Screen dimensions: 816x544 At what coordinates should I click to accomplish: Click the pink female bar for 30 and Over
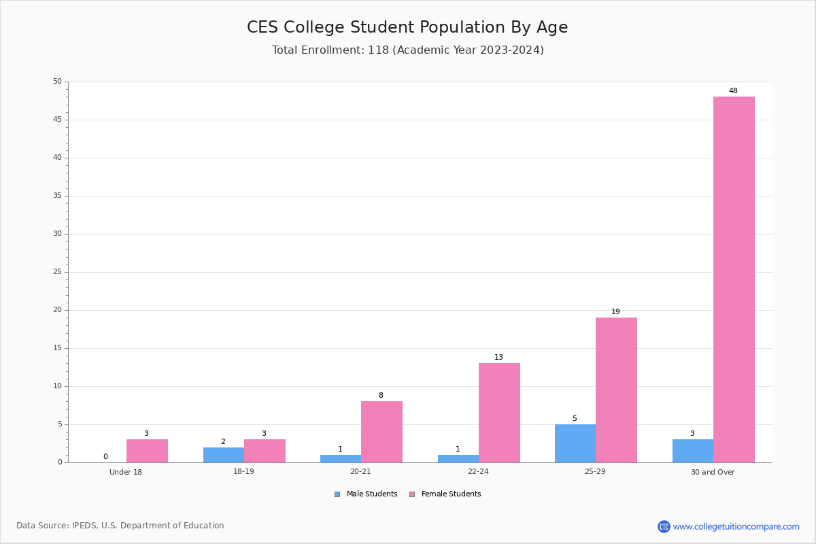coord(734,279)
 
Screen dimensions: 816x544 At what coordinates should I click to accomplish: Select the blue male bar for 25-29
coord(575,443)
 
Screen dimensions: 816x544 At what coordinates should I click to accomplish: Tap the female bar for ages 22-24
coord(499,413)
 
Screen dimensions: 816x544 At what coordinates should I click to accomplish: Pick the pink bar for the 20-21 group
coord(381,432)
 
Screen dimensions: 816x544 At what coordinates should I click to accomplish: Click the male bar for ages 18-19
coord(224,455)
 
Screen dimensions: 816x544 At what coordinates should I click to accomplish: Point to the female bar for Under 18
coord(147,451)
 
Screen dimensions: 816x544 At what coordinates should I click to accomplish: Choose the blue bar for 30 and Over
coord(693,451)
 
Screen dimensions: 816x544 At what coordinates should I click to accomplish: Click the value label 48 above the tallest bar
coord(733,90)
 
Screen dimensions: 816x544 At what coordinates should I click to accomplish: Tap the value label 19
coord(615,311)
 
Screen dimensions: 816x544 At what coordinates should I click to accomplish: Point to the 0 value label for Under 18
coord(105,456)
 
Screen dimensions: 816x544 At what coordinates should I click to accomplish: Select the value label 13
coord(498,357)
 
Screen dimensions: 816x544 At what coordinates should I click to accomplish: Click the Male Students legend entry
coord(366,494)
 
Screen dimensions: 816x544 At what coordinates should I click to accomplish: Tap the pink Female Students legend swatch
coord(412,494)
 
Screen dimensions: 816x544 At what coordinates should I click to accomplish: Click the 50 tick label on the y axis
coord(58,81)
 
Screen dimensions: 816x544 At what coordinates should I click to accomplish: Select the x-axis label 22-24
coord(478,471)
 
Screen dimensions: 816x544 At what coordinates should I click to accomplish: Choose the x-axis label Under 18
coord(126,472)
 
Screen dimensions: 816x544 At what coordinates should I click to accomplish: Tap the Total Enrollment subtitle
coord(407,50)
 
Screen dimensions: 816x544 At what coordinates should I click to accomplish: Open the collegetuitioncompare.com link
coord(728,526)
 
